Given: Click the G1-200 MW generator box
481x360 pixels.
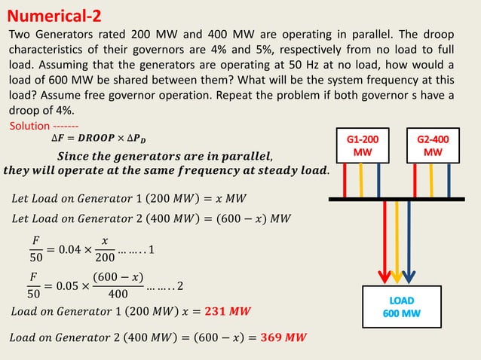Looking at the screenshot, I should (363, 146).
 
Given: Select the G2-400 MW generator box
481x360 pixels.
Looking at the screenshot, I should (433, 146).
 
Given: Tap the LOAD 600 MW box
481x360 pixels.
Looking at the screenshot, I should (399, 307).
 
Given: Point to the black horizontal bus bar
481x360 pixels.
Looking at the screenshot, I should (399, 199).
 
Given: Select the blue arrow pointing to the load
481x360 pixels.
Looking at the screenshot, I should (408, 241).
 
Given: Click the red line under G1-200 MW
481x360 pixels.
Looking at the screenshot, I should (346, 180).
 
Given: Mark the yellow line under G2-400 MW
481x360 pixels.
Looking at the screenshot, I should (432, 180).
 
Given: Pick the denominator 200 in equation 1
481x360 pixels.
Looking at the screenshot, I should (106, 257).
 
